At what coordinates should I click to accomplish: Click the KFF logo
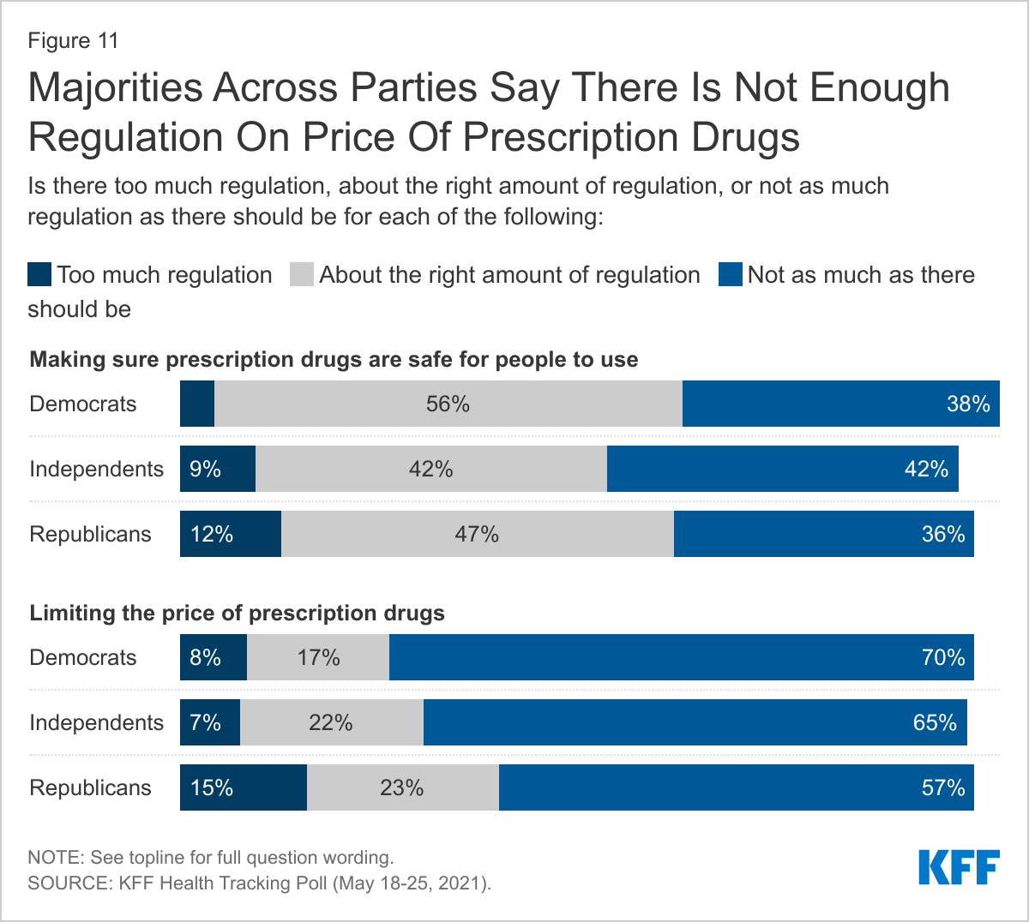(x=959, y=867)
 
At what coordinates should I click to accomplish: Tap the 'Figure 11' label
(x=73, y=40)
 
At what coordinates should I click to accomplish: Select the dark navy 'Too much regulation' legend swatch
(x=39, y=275)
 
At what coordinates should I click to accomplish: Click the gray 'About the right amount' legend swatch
(x=302, y=275)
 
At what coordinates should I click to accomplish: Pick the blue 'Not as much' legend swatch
(x=731, y=275)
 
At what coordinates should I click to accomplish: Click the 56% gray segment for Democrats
(x=448, y=404)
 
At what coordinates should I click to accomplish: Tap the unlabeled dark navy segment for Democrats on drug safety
(x=197, y=404)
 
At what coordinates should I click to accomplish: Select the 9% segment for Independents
(x=218, y=469)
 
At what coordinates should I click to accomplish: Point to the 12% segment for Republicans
(x=231, y=534)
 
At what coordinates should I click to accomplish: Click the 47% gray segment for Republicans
(x=477, y=534)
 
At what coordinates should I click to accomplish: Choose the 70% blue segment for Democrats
(x=681, y=657)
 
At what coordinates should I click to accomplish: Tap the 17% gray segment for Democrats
(x=318, y=657)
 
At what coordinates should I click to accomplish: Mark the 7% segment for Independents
(x=210, y=722)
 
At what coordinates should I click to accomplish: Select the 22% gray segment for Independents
(x=331, y=722)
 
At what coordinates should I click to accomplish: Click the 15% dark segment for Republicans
(x=244, y=787)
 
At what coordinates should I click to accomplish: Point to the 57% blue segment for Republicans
(x=736, y=787)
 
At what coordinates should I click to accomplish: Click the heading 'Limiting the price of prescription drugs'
(x=238, y=614)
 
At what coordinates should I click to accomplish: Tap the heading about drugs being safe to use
(x=334, y=359)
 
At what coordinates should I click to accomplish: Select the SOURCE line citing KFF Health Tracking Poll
(x=260, y=883)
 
